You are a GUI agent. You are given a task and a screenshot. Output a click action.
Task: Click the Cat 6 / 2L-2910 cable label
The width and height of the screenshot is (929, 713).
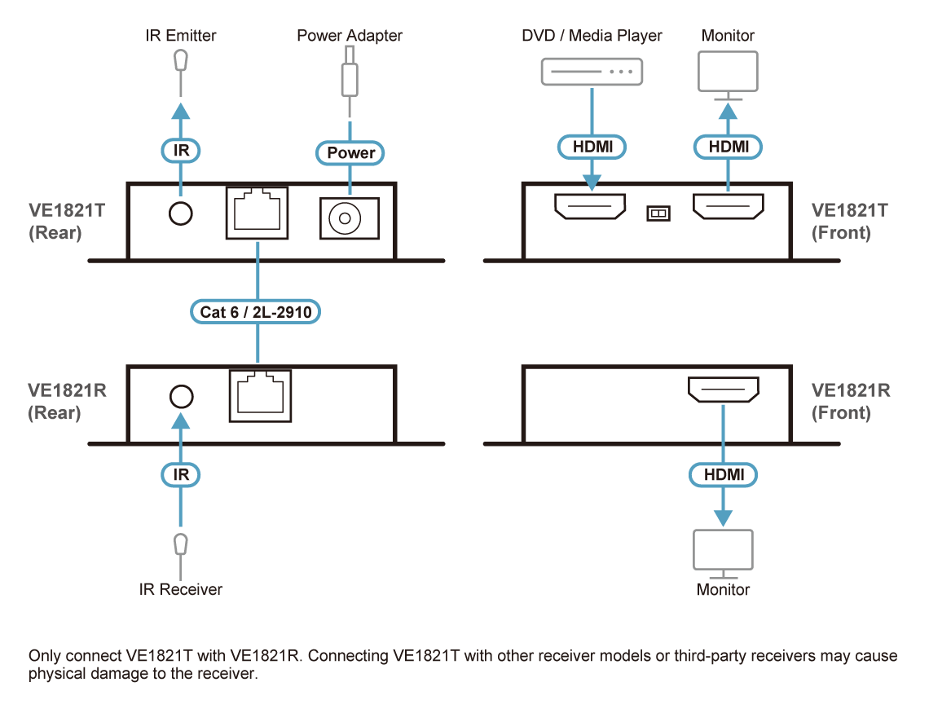(x=256, y=311)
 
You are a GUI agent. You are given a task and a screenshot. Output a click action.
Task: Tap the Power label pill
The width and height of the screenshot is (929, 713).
(x=350, y=152)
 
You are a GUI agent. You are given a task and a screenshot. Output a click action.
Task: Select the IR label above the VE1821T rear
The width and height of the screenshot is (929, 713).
(x=181, y=150)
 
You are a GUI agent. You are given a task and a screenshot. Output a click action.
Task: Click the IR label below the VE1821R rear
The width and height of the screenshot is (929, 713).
(x=181, y=474)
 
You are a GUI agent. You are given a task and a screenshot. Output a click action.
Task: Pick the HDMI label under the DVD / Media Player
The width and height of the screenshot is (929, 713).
(x=592, y=147)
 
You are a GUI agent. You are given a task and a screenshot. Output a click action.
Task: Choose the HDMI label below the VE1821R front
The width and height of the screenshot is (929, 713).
(x=723, y=474)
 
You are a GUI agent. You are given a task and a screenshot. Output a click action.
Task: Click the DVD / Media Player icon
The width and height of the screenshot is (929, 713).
(x=592, y=73)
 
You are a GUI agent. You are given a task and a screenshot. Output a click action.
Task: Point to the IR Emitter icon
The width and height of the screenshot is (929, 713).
(x=181, y=61)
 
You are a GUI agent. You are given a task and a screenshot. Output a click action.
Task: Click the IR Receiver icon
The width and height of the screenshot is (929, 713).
(x=181, y=544)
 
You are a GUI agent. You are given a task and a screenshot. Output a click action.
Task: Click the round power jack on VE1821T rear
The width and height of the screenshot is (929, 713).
(x=350, y=218)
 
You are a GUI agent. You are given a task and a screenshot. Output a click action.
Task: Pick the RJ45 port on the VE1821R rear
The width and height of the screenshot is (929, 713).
(x=258, y=395)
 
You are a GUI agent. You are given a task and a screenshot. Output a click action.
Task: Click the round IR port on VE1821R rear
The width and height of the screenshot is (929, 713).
(x=181, y=396)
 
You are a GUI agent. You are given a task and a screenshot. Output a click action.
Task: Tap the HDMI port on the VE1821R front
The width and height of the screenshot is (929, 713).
(x=724, y=390)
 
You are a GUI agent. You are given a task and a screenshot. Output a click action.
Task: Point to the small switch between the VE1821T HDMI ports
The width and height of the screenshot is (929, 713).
(x=657, y=213)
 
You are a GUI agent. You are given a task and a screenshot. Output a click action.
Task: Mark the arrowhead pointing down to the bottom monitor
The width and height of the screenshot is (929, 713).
(x=723, y=517)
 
